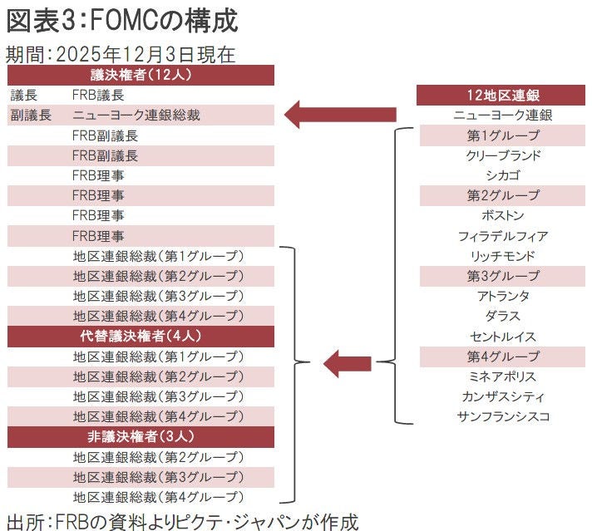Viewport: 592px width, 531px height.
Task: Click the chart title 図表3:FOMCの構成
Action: pyautogui.click(x=121, y=19)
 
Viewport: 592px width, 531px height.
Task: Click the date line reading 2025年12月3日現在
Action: pyautogui.click(x=121, y=54)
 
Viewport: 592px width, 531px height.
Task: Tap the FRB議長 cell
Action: pyautogui.click(x=98, y=96)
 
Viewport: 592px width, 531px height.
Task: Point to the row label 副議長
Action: pyautogui.click(x=31, y=116)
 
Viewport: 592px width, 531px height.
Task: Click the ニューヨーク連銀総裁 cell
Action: pyautogui.click(x=136, y=116)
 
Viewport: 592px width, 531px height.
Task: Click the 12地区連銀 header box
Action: pyautogui.click(x=503, y=96)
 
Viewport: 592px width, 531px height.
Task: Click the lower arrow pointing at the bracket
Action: pyautogui.click(x=348, y=361)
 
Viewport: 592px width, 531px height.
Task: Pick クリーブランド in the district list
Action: pyautogui.click(x=503, y=155)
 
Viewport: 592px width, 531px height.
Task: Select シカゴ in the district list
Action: pyautogui.click(x=503, y=175)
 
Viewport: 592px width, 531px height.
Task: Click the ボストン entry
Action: pyautogui.click(x=503, y=216)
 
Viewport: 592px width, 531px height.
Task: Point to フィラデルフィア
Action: pyautogui.click(x=503, y=236)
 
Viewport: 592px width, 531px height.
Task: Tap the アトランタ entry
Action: pyautogui.click(x=503, y=296)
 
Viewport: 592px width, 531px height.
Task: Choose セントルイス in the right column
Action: pyautogui.click(x=503, y=337)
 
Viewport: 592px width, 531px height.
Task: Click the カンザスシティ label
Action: pyautogui.click(x=503, y=396)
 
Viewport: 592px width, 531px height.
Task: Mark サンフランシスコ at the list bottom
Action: pyautogui.click(x=503, y=416)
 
